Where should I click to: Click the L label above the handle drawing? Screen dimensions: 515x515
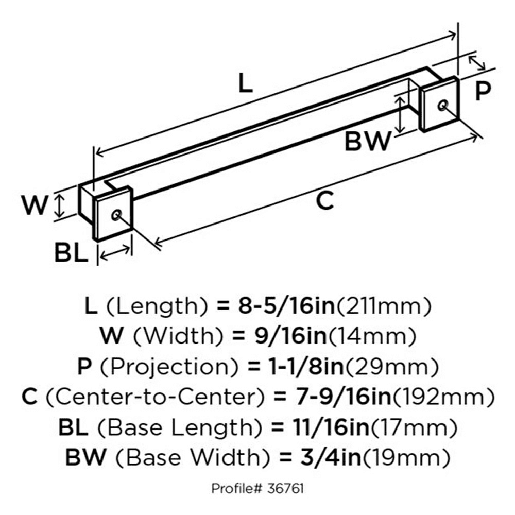[245, 83]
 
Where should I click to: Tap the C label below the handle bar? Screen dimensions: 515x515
[324, 200]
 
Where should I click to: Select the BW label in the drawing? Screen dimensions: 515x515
[368, 141]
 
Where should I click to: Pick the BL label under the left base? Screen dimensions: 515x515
[71, 252]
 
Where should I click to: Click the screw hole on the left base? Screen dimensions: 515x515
[116, 215]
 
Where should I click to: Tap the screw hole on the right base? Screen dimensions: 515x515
[443, 105]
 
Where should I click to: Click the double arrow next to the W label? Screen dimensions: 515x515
[59, 206]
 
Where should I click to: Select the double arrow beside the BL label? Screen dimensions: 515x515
[115, 252]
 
